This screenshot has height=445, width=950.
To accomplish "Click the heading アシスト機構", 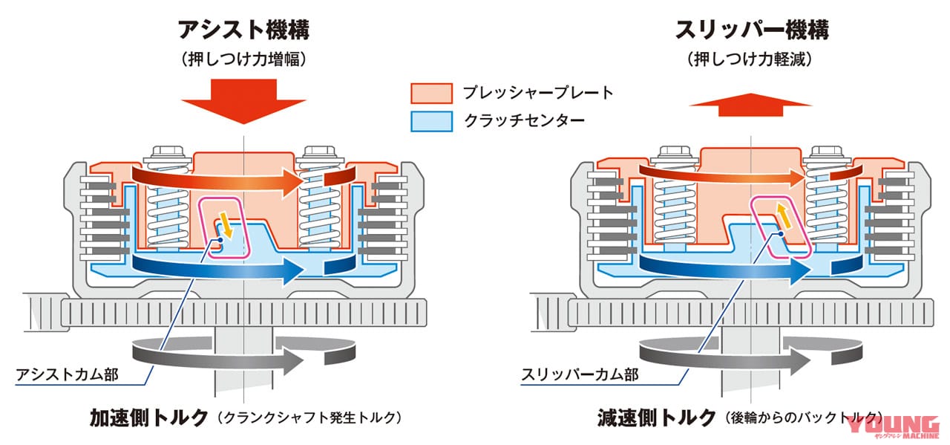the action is pyautogui.click(x=243, y=30).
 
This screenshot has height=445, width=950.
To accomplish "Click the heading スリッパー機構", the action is pyautogui.click(x=752, y=30).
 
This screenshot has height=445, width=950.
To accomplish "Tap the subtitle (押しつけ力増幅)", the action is pyautogui.click(x=243, y=59).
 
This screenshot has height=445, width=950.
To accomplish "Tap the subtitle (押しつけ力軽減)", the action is pyautogui.click(x=750, y=59).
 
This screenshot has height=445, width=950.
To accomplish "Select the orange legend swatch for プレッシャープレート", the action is pyautogui.click(x=431, y=94).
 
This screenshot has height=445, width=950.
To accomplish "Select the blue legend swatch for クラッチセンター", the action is pyautogui.click(x=431, y=121).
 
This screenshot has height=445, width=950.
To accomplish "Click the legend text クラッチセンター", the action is pyautogui.click(x=525, y=121).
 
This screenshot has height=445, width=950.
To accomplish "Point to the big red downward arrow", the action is pyautogui.click(x=244, y=101).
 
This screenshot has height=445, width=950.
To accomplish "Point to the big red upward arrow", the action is pyautogui.click(x=750, y=105).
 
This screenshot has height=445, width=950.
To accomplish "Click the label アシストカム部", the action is pyautogui.click(x=67, y=374).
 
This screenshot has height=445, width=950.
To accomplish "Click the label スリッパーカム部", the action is pyautogui.click(x=580, y=374).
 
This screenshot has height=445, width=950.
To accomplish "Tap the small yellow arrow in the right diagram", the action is pyautogui.click(x=784, y=216).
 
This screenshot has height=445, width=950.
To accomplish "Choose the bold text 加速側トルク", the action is pyautogui.click(x=149, y=418).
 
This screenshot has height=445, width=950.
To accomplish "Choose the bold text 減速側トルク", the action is pyautogui.click(x=657, y=418).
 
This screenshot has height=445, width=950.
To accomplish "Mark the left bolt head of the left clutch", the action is pyautogui.click(x=168, y=152).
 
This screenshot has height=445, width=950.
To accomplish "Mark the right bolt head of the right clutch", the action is pyautogui.click(x=827, y=152).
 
